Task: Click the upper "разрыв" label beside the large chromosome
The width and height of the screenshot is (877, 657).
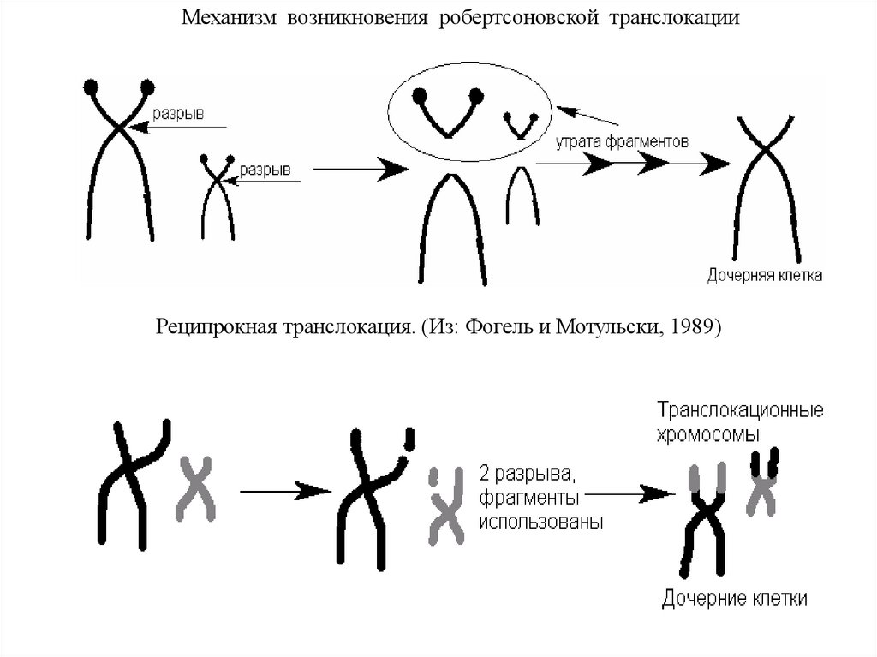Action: (177, 114)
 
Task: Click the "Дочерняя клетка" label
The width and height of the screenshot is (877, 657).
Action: (765, 276)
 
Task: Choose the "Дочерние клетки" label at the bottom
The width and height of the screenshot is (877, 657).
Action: (735, 598)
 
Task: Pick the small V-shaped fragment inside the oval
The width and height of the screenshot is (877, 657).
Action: (519, 124)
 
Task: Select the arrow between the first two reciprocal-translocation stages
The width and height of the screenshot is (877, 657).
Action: (284, 491)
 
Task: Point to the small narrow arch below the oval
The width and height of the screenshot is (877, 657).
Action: (522, 197)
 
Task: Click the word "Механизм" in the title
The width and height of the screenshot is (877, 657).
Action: (227, 18)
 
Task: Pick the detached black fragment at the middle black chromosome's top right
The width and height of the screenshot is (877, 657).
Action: (412, 439)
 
